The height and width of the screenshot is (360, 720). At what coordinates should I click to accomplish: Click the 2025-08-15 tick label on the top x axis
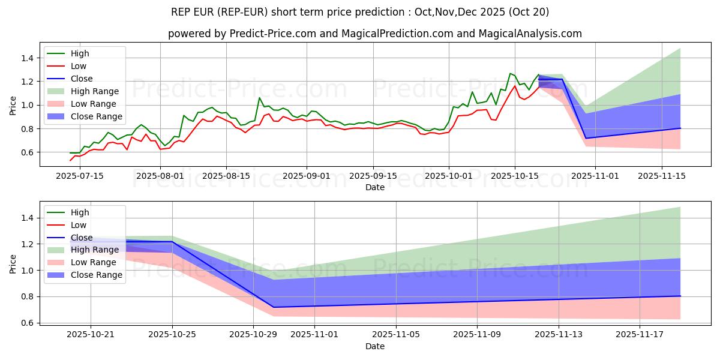pos(226,176)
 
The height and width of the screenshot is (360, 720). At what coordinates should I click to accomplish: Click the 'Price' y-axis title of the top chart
pos(13,105)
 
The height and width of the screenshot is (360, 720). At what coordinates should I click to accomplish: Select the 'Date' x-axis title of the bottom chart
pos(375,347)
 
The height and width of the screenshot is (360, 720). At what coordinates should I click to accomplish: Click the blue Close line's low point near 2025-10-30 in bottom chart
pos(274,307)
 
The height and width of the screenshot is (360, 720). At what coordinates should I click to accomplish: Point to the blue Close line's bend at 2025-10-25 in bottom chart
pos(172,242)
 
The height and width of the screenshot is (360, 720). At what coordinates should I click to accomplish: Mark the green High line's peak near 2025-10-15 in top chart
pos(510,73)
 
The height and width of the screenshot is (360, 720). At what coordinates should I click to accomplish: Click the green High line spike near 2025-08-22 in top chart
pos(259,97)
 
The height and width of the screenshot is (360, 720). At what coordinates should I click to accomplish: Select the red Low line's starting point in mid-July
pos(70,161)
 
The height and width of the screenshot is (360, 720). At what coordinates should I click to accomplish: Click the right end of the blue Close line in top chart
pos(680,128)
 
